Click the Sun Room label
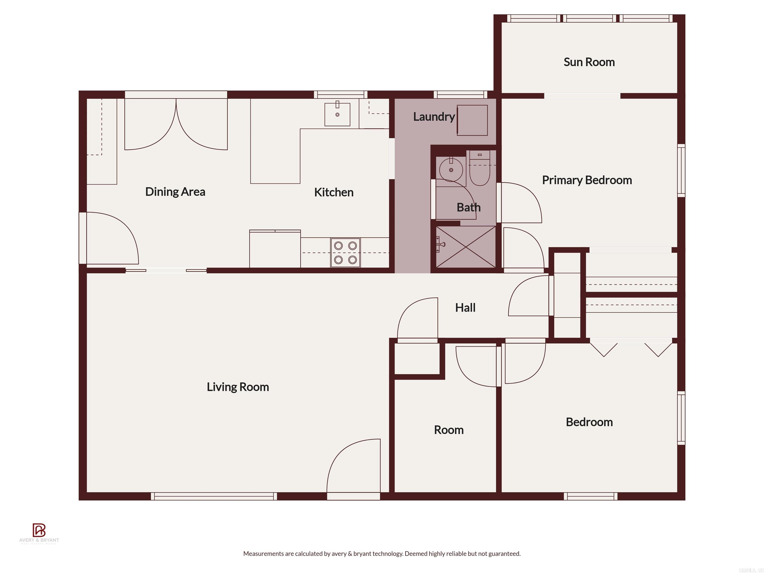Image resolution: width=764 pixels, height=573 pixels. (589, 62)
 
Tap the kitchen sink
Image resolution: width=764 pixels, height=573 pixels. (337, 114)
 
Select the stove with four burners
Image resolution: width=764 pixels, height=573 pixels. (345, 252)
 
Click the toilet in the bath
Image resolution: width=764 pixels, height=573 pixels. (479, 168)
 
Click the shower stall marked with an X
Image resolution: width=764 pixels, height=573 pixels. (466, 247)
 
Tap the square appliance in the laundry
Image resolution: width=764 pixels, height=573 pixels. (472, 120)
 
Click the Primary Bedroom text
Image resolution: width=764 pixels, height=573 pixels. (587, 180)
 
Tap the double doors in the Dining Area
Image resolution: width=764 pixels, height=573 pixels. (176, 124)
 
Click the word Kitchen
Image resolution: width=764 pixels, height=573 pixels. (334, 192)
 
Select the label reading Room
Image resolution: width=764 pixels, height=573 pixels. (448, 430)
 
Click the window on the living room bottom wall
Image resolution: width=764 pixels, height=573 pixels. (214, 496)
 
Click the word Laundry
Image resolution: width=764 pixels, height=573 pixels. (434, 117)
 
